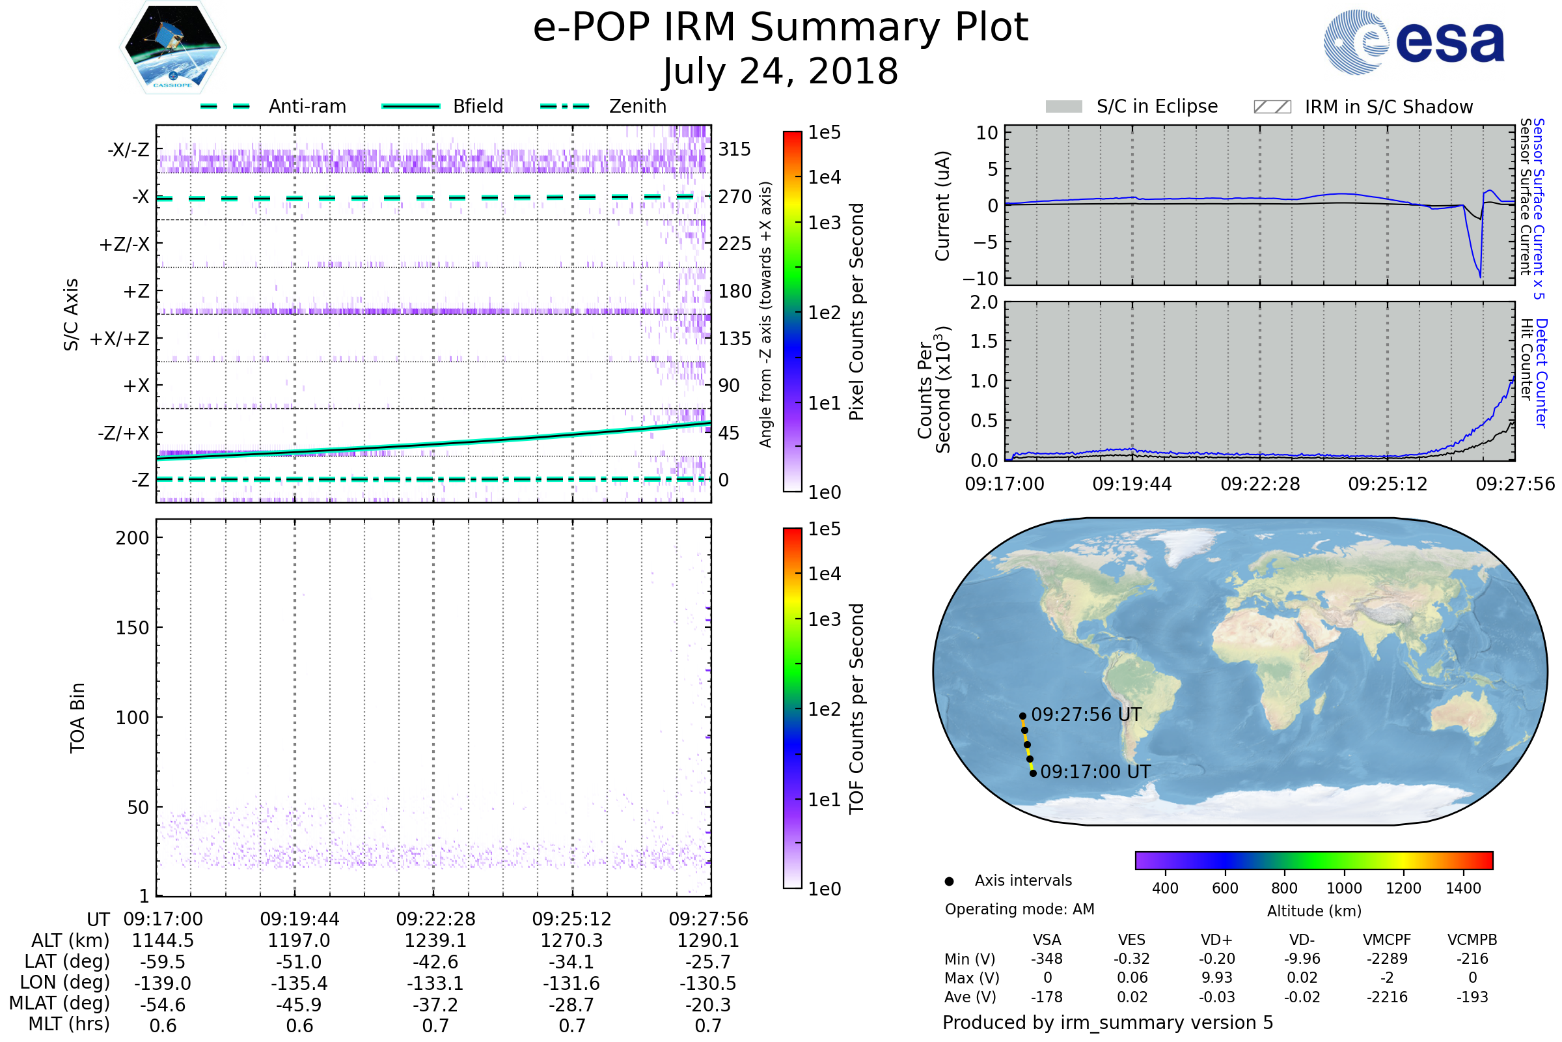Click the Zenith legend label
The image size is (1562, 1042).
[x=637, y=106]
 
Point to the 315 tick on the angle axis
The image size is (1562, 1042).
[x=735, y=149]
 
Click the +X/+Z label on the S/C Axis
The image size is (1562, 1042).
[x=120, y=339]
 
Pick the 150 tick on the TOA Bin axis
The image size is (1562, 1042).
[x=132, y=628]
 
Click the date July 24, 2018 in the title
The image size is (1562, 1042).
[x=780, y=71]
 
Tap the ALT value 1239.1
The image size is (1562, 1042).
[x=435, y=940]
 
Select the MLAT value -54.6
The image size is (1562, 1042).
[x=163, y=1004]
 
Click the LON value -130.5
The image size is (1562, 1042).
[x=708, y=983]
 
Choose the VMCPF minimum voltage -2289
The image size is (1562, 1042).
[x=1387, y=959]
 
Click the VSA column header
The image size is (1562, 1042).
[x=1047, y=940]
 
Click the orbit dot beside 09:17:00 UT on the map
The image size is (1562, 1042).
[x=1033, y=773]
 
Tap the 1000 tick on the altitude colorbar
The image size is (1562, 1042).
[x=1343, y=888]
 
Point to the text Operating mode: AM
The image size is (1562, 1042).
[x=1019, y=909]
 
